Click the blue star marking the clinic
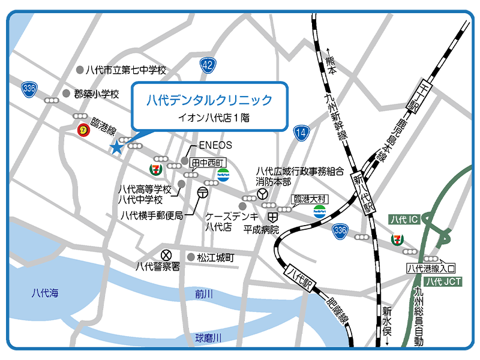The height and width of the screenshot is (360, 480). coord(116,148)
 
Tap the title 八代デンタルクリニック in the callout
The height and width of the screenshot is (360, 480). coord(209,100)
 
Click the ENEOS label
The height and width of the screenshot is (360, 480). coord(215,145)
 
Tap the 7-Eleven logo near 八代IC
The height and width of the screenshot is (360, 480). coord(395,239)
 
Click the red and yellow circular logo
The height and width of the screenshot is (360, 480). coord(85,129)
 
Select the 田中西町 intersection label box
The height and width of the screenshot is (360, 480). coord(207,162)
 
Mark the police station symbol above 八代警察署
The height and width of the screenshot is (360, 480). coord(166,254)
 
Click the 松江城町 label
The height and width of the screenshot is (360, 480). coord(215,257)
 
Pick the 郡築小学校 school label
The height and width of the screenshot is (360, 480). coord(97,94)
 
